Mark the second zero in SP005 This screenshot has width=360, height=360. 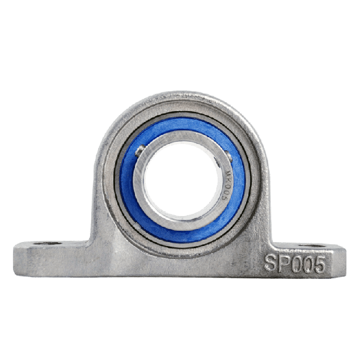coord(308,264)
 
